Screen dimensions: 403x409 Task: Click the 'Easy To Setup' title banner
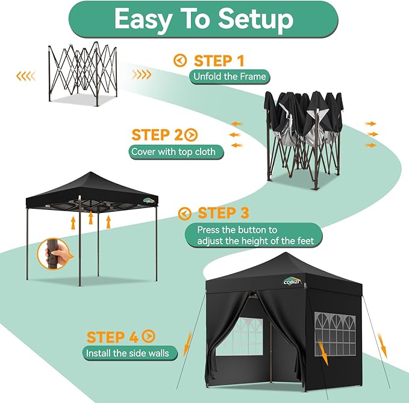204,19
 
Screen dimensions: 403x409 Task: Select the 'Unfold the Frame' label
229,77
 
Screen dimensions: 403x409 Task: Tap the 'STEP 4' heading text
113,337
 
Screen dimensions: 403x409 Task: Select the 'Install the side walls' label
127,353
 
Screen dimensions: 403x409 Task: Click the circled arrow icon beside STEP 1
180,60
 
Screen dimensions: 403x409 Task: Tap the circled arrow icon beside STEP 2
192,135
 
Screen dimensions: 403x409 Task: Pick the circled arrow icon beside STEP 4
148,337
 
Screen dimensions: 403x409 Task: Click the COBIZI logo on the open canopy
148,201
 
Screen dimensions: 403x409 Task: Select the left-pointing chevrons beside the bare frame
26,75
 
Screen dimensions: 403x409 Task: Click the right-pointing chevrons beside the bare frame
142,75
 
